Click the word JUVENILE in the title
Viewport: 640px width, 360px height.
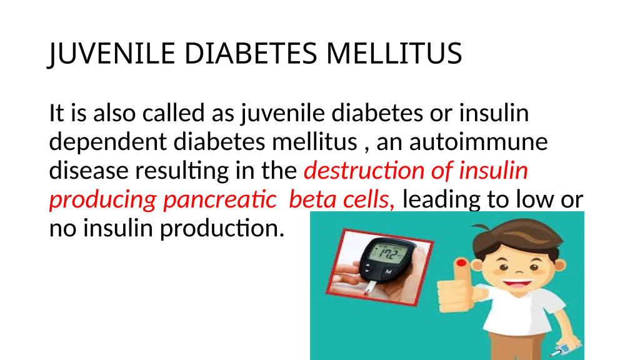click(112, 54)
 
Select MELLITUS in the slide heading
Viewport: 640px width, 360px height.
click(394, 54)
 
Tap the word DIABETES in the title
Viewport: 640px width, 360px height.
click(251, 54)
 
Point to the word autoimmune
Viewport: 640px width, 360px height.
click(478, 142)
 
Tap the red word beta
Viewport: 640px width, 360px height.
click(312, 199)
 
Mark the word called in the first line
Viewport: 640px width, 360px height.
click(174, 112)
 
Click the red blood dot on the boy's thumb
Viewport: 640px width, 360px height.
click(461, 262)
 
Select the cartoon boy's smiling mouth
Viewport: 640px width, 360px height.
click(517, 282)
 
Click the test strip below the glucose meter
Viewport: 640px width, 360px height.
click(370, 287)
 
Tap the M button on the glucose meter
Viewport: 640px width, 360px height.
click(388, 272)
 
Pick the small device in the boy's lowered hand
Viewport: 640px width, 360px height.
click(564, 349)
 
